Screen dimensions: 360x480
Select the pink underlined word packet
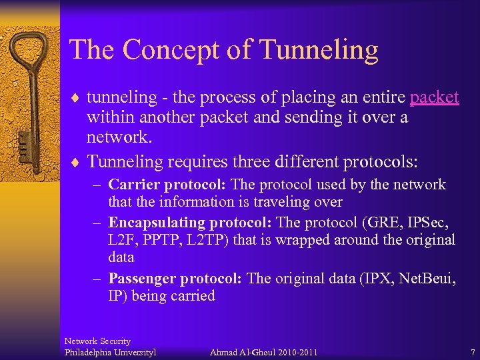(x=435, y=97)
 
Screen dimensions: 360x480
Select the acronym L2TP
(x=213, y=239)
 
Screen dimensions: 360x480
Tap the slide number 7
(x=472, y=351)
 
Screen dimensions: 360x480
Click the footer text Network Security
(x=97, y=341)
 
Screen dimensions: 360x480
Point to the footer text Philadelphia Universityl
(x=110, y=351)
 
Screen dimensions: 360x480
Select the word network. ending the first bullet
(x=119, y=137)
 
